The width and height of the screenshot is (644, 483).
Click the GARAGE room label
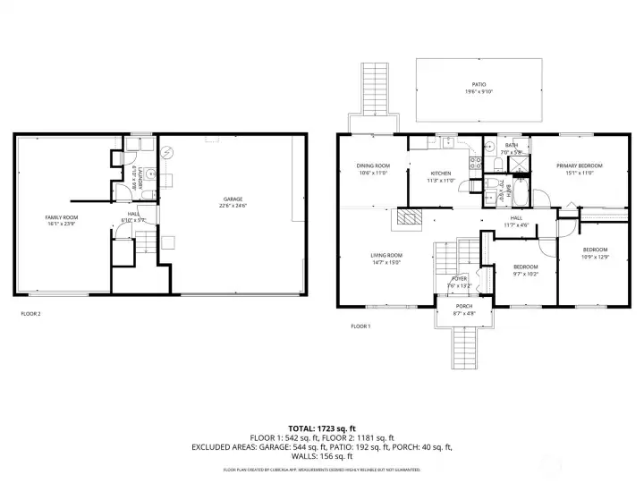233,199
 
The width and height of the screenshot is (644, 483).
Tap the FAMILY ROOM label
62,217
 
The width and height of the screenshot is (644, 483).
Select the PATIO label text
479,86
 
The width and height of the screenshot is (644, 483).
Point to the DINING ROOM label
373,165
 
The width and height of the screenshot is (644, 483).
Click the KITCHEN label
441,173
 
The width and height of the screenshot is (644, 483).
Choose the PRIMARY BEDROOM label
579,165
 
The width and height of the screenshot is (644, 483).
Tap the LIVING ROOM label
386,256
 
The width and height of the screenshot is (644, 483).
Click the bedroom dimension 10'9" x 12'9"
595,257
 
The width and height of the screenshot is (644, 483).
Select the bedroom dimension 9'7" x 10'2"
525,275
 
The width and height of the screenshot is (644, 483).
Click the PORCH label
463,307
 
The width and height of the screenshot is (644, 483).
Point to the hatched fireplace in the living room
409,216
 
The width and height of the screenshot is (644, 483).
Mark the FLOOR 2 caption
30,314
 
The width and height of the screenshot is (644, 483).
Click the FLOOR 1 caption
360,326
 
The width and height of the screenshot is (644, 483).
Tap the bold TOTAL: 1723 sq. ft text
322,428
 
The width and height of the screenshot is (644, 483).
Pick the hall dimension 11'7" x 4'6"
516,225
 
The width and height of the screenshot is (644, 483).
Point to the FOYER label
458,278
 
